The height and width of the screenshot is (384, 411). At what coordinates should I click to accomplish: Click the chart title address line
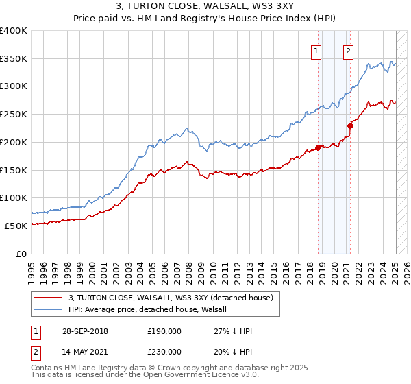(206, 5)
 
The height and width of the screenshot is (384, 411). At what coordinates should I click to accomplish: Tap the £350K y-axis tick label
(14, 59)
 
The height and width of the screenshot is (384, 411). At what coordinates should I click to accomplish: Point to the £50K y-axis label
(16, 226)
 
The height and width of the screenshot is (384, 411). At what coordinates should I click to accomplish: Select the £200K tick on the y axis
(14, 142)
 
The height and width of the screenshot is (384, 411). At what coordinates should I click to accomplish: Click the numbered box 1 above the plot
(316, 50)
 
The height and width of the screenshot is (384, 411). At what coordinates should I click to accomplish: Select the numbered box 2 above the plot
(348, 50)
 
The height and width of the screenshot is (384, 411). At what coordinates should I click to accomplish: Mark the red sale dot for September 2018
(318, 147)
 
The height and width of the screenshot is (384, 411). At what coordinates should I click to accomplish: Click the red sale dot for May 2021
(350, 125)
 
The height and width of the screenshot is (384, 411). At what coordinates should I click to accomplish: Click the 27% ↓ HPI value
(234, 331)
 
